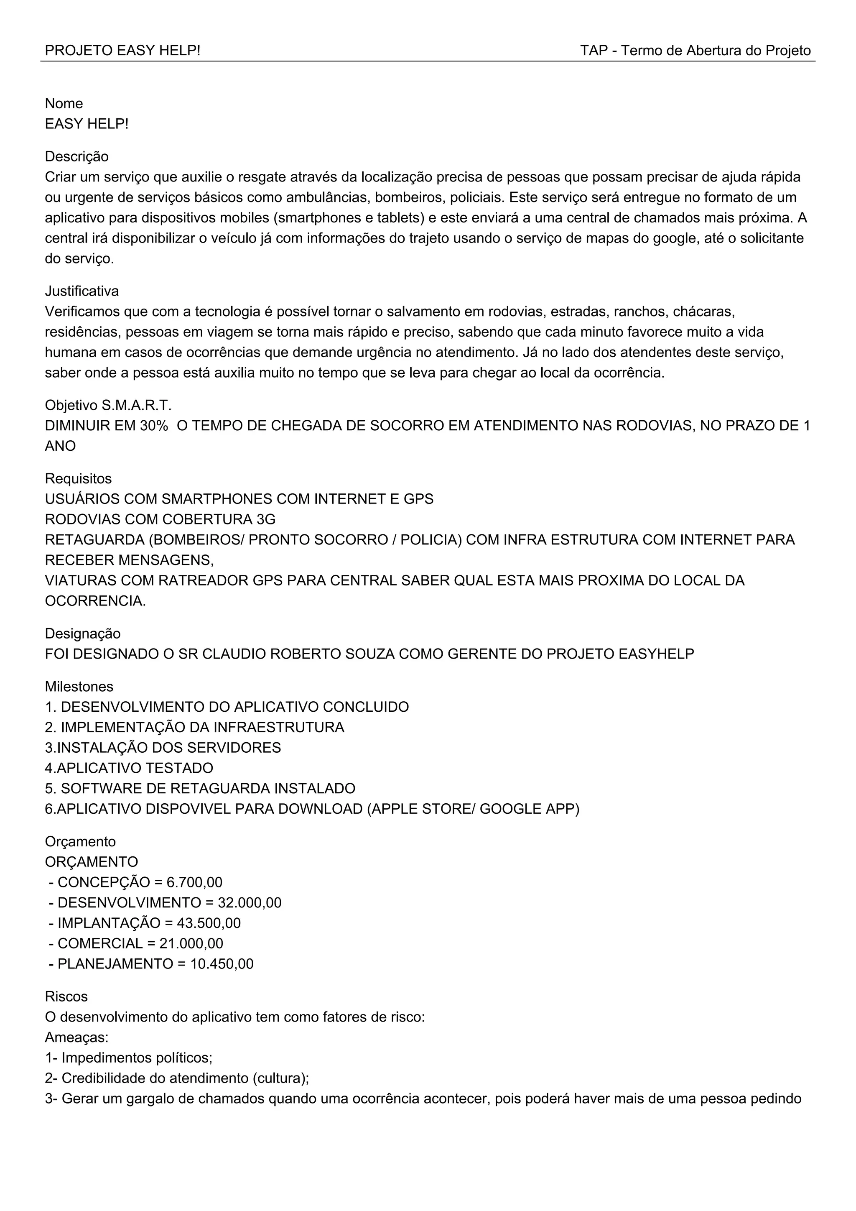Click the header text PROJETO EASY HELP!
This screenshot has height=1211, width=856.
(122, 51)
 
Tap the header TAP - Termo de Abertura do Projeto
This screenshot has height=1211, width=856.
(695, 51)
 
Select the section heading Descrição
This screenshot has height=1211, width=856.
(77, 157)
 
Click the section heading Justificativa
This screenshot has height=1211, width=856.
(82, 291)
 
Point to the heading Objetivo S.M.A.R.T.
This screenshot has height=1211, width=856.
(108, 406)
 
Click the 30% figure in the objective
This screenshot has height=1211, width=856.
(154, 426)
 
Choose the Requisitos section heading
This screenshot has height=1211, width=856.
(78, 479)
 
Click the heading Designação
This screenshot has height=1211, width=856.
(83, 634)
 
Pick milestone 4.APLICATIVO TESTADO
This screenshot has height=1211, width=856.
(129, 769)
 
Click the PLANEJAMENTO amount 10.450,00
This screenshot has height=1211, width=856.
(222, 964)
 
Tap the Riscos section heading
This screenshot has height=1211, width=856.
(66, 997)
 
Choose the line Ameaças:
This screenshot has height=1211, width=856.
(76, 1037)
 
